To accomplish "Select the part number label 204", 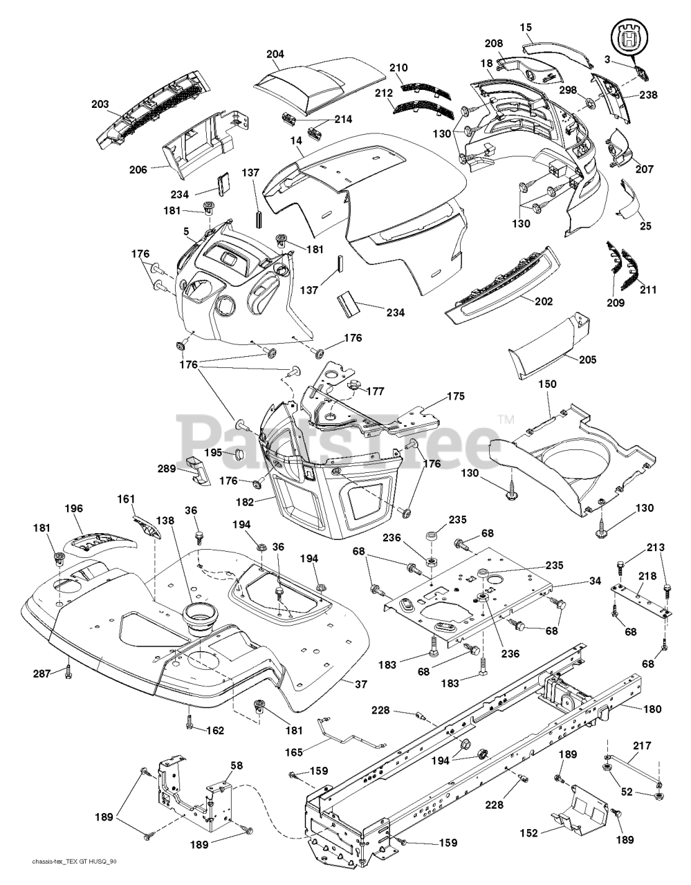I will tap(275, 54).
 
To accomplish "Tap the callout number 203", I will tap(100, 104).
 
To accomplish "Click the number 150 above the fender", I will tap(546, 384).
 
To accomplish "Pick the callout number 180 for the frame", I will tap(652, 709).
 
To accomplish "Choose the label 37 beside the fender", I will tap(341, 684).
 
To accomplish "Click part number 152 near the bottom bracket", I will tap(528, 833).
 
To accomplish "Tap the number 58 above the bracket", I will tap(237, 765).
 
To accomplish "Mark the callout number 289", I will tap(167, 468).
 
